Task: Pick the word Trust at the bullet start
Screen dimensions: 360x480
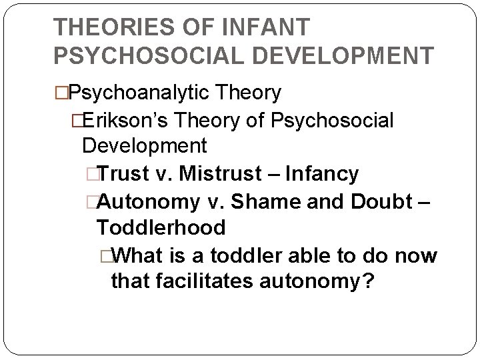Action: coord(125,175)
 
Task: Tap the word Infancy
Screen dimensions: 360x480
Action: coord(322,175)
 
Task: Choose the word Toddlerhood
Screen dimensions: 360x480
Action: coord(161,227)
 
